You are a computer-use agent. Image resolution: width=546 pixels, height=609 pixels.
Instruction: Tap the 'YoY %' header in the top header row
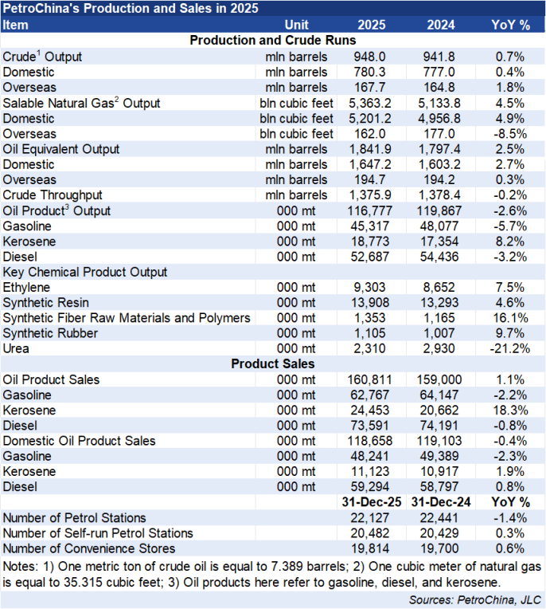[x=510, y=24]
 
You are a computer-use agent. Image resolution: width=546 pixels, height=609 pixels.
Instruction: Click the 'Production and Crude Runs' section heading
[x=272, y=40]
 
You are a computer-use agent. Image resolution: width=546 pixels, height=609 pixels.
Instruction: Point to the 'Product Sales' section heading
[x=272, y=363]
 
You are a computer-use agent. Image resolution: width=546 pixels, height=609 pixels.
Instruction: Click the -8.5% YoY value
[x=509, y=133]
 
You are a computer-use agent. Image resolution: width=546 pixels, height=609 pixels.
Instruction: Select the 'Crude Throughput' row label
[x=52, y=195]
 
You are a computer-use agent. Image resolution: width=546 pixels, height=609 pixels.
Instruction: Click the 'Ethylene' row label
[x=27, y=287]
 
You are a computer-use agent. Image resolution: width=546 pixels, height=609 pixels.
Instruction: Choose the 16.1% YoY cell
[x=509, y=318]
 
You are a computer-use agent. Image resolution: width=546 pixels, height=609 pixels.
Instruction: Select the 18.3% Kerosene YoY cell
[x=509, y=410]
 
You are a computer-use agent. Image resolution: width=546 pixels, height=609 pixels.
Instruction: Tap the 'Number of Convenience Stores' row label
[x=89, y=548]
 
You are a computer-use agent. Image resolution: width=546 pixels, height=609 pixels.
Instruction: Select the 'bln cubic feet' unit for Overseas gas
[x=296, y=133]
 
